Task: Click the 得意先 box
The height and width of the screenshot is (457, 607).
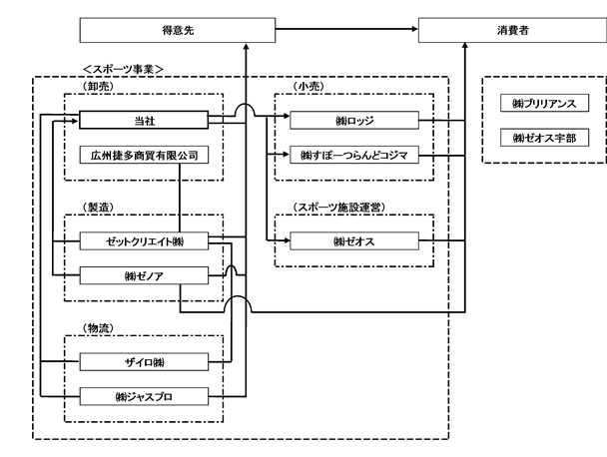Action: pos(178,30)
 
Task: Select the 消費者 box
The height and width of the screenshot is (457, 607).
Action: pos(512,30)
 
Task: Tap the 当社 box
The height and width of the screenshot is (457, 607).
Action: pos(144,120)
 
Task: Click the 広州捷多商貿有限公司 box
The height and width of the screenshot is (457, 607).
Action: pos(144,155)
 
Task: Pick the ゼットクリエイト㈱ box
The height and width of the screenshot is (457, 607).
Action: pos(144,241)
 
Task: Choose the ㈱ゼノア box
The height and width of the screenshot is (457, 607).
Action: pos(144,275)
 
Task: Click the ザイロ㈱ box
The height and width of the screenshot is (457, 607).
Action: pos(144,362)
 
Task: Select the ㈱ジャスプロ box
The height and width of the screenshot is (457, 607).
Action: pos(144,396)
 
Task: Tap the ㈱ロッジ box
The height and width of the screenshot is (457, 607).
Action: pos(354,120)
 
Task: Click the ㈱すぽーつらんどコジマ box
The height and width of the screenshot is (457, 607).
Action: pos(354,155)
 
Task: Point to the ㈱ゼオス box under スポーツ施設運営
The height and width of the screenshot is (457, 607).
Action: pos(354,241)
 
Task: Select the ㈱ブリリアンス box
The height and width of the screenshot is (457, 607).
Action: pos(544,103)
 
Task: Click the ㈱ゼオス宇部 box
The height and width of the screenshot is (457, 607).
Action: pos(544,138)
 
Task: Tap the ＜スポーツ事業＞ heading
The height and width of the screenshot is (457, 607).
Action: pos(124,69)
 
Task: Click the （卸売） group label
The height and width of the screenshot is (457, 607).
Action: pos(98,86)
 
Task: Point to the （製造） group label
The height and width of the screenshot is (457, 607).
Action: pos(98,207)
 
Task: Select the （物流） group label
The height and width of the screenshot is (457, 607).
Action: pos(98,328)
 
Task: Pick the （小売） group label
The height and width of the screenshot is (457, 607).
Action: pos(308,86)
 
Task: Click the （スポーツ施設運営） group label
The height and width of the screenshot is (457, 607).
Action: pos(339,207)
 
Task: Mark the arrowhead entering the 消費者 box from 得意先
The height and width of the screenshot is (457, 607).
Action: pos(415,29)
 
